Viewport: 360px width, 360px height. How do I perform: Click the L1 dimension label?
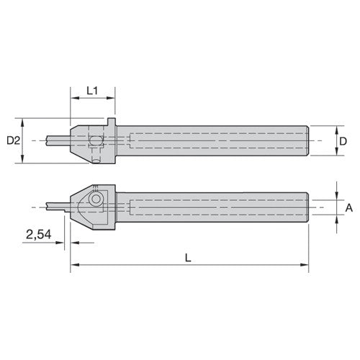click(x=92, y=91)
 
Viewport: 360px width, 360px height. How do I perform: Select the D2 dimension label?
click(x=12, y=140)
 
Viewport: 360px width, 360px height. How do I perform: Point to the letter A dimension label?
click(x=349, y=207)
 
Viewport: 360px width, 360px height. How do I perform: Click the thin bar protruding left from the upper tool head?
click(x=58, y=139)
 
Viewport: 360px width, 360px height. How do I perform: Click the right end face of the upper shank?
click(x=310, y=141)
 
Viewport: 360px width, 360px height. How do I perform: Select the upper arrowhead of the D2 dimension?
click(x=24, y=120)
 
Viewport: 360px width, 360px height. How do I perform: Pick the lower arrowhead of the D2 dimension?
click(x=24, y=161)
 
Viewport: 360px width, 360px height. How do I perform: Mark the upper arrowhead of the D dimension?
click(x=336, y=130)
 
